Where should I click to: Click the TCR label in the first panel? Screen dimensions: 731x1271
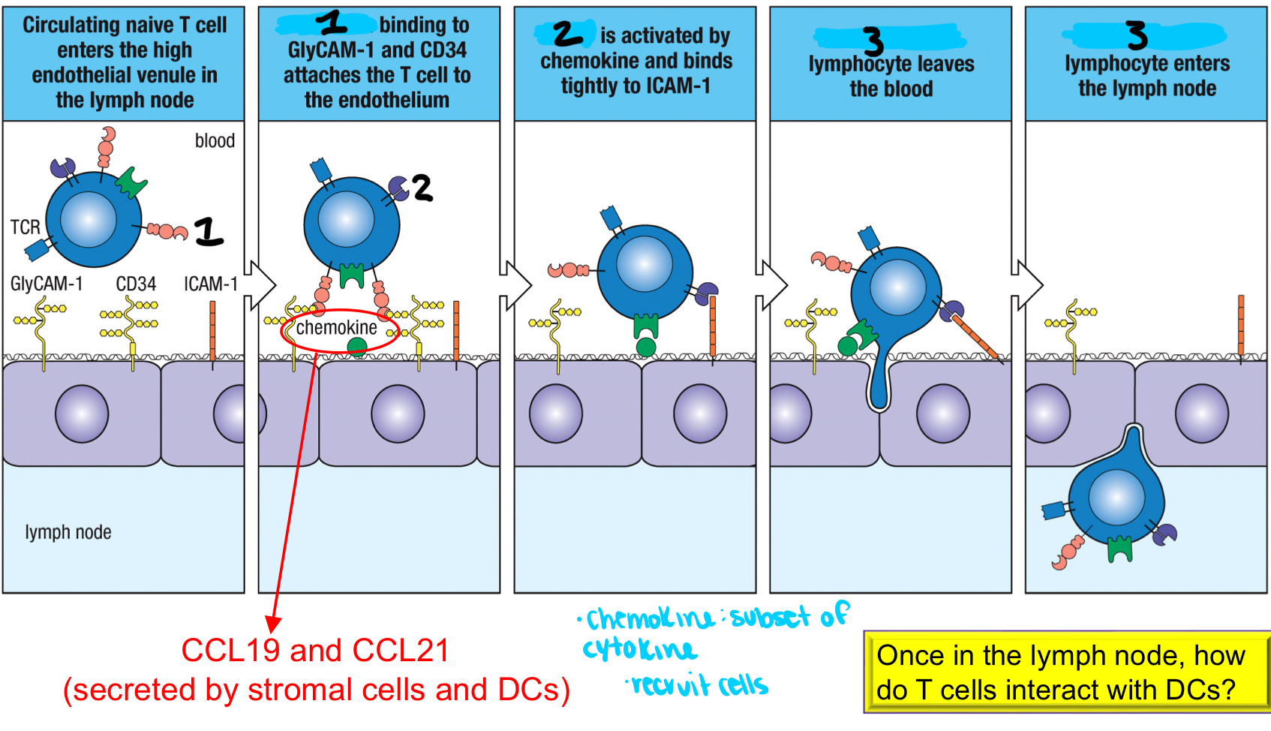[x=25, y=227]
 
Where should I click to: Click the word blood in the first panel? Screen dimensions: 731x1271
[x=215, y=141]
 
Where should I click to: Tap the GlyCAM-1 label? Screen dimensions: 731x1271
[x=46, y=284]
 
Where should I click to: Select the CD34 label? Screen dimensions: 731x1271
[x=136, y=284]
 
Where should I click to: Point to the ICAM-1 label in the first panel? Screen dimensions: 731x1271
[x=211, y=284]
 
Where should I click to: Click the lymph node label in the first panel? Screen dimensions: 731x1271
[x=68, y=532]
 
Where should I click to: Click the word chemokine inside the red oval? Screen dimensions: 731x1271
[x=336, y=328]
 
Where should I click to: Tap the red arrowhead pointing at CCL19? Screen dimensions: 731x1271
[x=273, y=624]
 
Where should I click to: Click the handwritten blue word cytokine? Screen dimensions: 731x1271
[x=639, y=648]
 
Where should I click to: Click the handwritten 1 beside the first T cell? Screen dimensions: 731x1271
[x=209, y=232]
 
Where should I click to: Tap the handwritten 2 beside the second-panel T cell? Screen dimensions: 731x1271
[x=422, y=188]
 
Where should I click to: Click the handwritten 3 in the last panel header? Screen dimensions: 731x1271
[x=1137, y=35]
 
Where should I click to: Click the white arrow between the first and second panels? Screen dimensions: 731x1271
[x=260, y=285]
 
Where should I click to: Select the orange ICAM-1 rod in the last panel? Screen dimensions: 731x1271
[x=1241, y=324]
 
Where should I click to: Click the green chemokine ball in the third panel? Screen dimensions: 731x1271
[x=645, y=347]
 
